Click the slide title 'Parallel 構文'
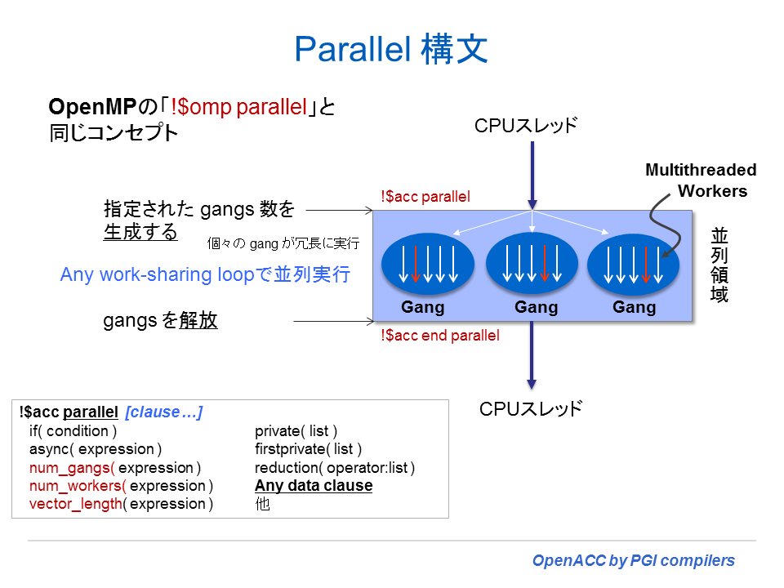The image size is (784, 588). tap(391, 50)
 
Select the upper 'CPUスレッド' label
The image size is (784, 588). tap(526, 126)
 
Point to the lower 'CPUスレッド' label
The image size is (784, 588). tap(531, 409)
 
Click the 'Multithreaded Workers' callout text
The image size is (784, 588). tap(701, 180)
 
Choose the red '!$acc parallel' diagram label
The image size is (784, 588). tap(425, 197)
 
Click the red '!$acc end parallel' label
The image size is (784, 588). tap(440, 335)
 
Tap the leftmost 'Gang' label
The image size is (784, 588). tap(423, 308)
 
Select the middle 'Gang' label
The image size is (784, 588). tap(537, 308)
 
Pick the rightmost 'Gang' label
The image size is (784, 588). tap(635, 308)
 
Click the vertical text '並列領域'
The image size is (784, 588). tap(719, 265)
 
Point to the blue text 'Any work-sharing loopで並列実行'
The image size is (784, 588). tap(205, 274)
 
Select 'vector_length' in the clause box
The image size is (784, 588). tap(75, 504)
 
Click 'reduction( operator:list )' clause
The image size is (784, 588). tap(335, 468)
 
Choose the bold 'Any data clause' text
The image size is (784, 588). tap(314, 486)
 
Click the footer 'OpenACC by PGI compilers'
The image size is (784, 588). tap(633, 561)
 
